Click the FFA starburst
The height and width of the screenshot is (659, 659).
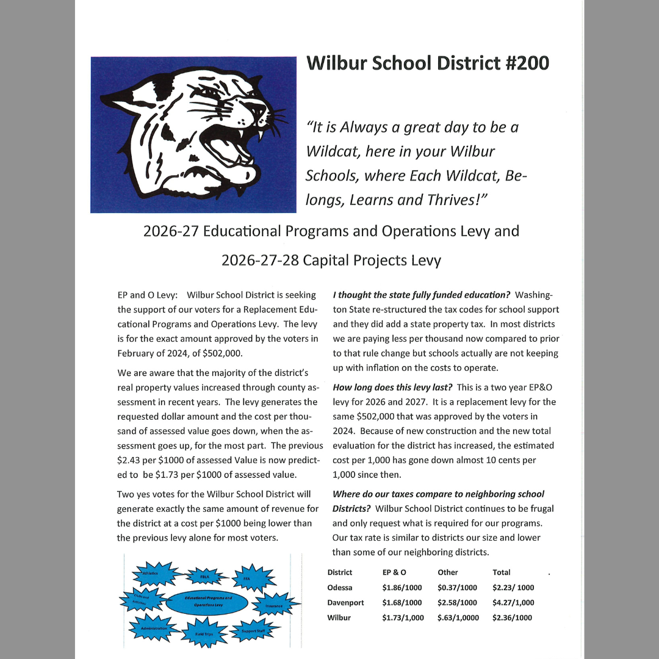(247, 577)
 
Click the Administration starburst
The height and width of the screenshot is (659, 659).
(153, 628)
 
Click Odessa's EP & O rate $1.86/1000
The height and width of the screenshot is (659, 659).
(402, 588)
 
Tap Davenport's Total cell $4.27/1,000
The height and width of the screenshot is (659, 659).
(513, 603)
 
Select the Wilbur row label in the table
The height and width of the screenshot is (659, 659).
(340, 618)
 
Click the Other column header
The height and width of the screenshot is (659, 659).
(447, 572)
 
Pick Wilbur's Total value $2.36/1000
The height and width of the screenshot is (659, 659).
(512, 618)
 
